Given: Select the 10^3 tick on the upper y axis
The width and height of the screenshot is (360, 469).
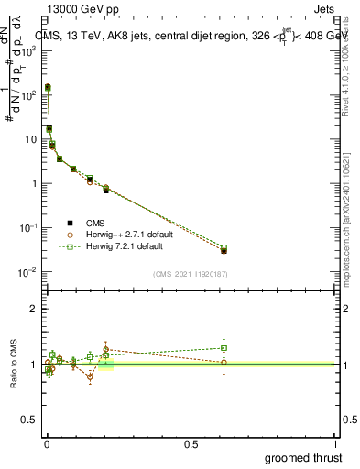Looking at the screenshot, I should (29, 50).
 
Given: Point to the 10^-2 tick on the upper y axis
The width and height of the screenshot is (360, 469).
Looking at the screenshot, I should (29, 272).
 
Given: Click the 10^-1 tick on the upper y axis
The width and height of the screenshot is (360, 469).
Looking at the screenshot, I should (29, 227).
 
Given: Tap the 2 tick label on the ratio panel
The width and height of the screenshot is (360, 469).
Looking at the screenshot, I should (33, 309).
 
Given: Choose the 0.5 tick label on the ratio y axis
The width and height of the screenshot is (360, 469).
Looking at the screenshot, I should (29, 420).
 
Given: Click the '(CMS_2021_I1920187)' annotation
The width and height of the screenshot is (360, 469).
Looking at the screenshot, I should (191, 273).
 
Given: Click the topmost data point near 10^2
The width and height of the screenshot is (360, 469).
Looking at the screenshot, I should (48, 88).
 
